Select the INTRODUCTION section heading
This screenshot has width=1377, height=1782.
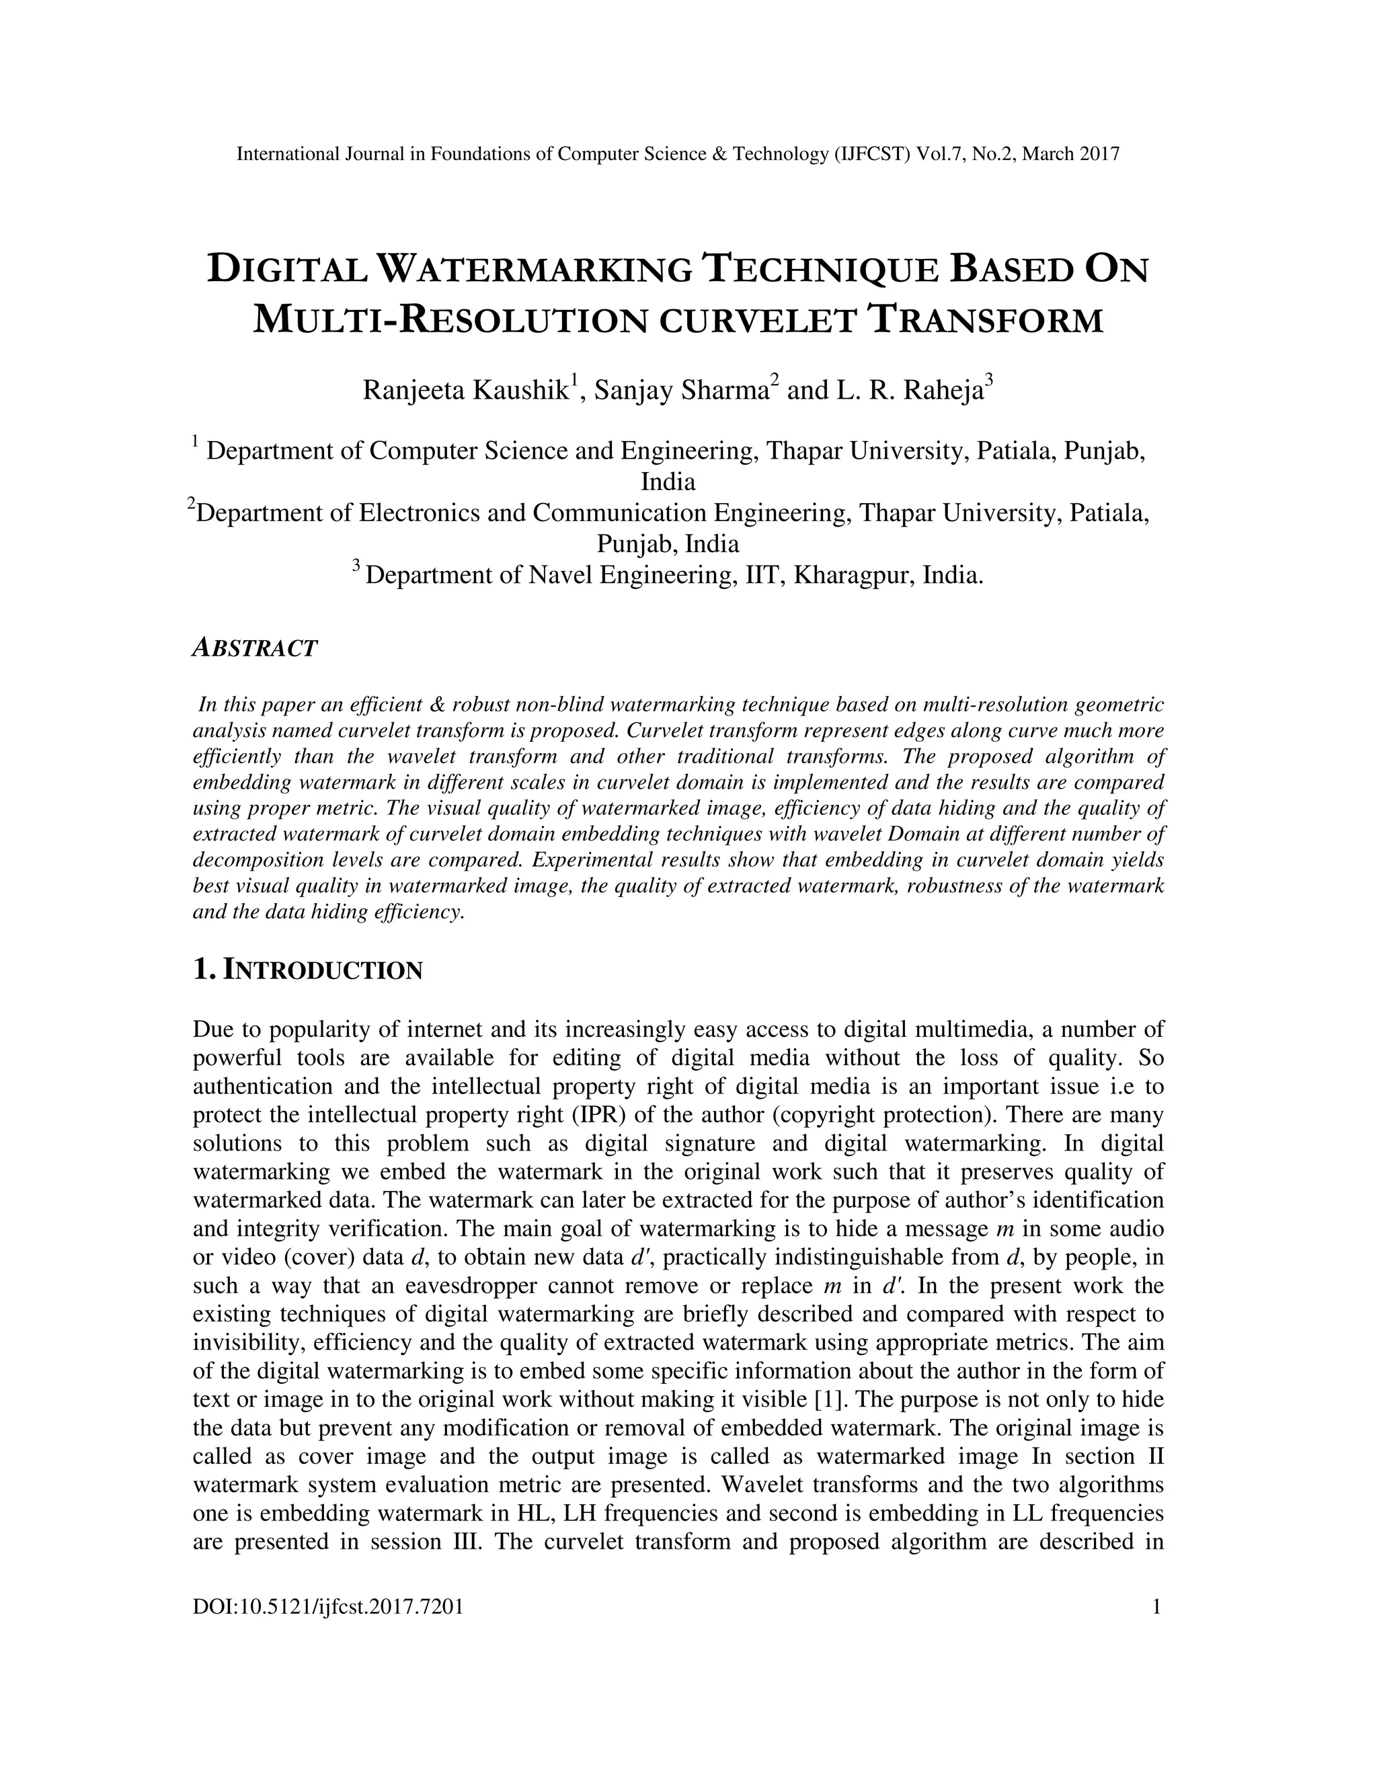[323, 971]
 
